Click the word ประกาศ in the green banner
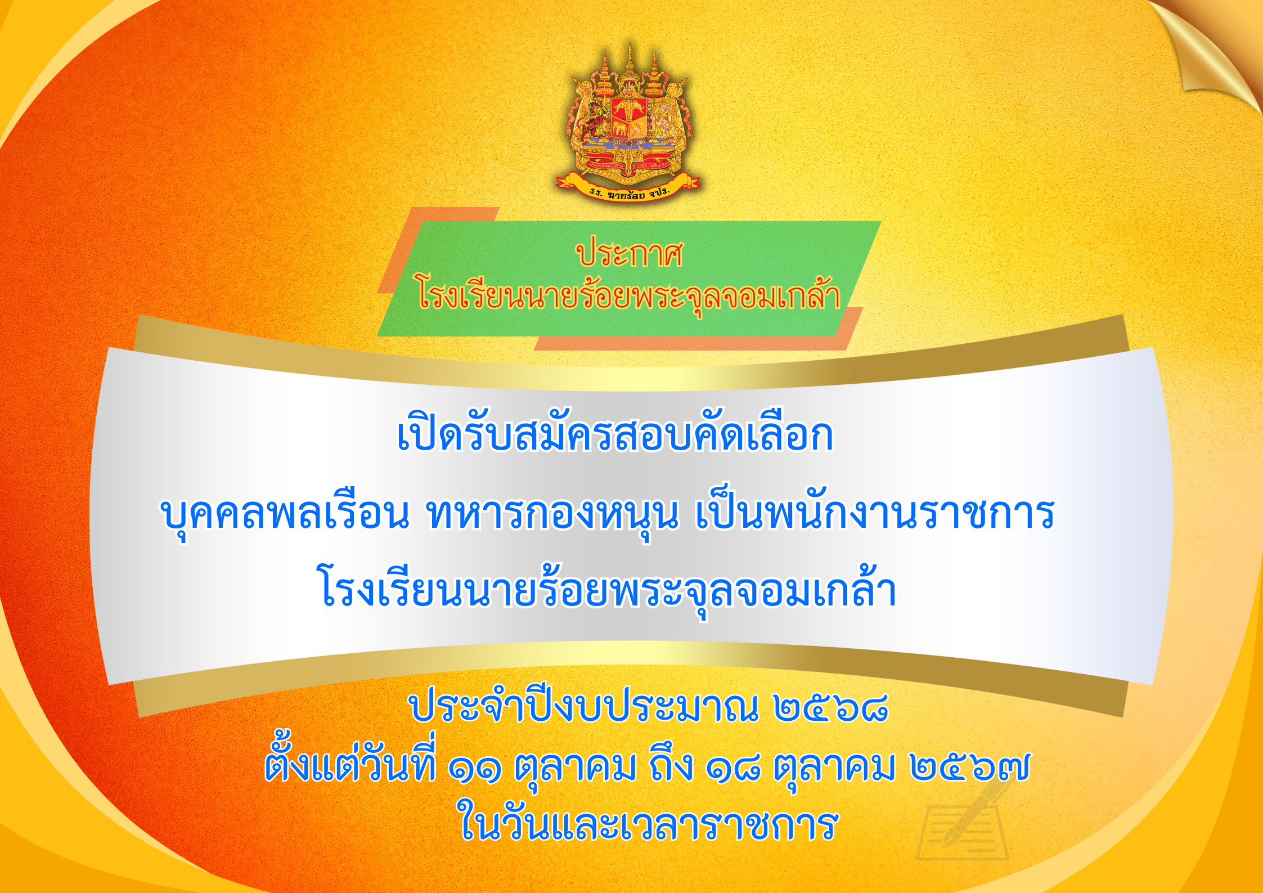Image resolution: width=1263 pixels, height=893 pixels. point(629,254)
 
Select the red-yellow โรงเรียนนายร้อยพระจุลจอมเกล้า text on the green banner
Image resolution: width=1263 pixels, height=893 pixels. point(629,297)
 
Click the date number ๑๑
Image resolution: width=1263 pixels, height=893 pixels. point(475,768)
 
